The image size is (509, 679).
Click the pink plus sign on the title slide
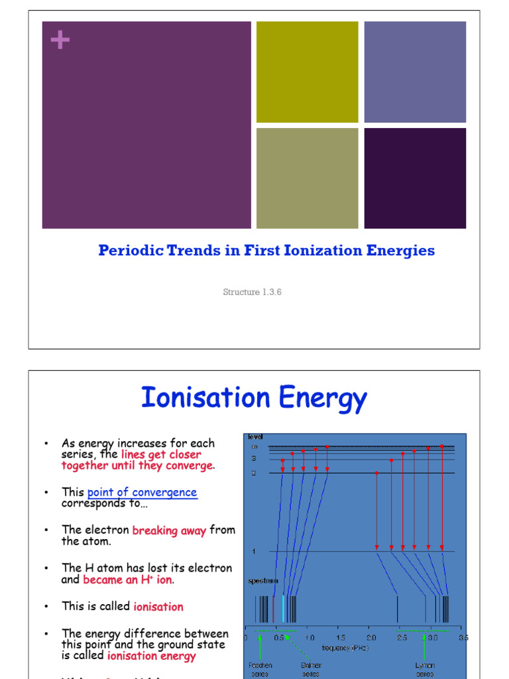[x=60, y=40]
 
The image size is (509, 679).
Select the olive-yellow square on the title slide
[x=307, y=72]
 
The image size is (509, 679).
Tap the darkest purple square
[x=415, y=178]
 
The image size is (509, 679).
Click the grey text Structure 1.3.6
[x=253, y=292]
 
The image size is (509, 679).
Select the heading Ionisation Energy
[x=253, y=399]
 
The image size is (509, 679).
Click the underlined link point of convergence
[x=142, y=492]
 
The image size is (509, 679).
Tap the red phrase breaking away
[x=169, y=530]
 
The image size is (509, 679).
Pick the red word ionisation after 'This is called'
[x=158, y=607]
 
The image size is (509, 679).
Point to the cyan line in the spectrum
[x=284, y=608]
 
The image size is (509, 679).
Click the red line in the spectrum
[x=273, y=608]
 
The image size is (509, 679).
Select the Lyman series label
[x=425, y=669]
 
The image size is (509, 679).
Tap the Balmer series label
[x=311, y=669]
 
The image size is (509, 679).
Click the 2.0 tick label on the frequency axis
[x=371, y=638]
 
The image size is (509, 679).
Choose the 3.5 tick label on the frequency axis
[x=463, y=638]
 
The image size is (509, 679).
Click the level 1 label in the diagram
[x=253, y=551]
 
